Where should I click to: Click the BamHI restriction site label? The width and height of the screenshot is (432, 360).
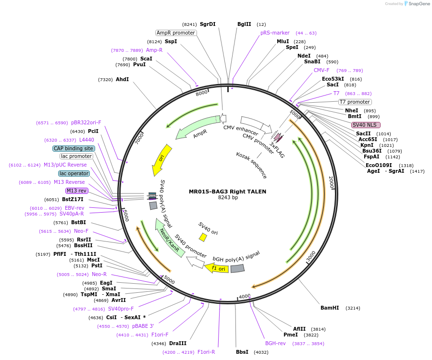coord(330,308)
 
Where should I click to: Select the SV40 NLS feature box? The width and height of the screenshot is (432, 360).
coord(366,125)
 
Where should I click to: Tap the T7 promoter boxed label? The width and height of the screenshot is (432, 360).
coord(355,102)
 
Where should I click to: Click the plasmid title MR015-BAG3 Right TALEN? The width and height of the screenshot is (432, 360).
coord(227,192)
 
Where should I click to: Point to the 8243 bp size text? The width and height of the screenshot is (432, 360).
coord(228,197)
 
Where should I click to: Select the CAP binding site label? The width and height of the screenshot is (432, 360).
coord(74,149)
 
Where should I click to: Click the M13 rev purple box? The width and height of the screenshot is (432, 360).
coord(76,191)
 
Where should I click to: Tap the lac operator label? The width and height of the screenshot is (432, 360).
coord(74,173)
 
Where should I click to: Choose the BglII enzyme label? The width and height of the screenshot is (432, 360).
coord(244,24)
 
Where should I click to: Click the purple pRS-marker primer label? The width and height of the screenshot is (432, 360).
coord(275,33)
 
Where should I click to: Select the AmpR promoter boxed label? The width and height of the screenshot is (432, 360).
coord(176,33)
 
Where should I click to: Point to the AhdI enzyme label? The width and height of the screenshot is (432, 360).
coord(122,80)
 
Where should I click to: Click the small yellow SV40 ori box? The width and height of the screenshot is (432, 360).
coord(203,237)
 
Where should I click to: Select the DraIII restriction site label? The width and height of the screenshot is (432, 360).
coord(178,343)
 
